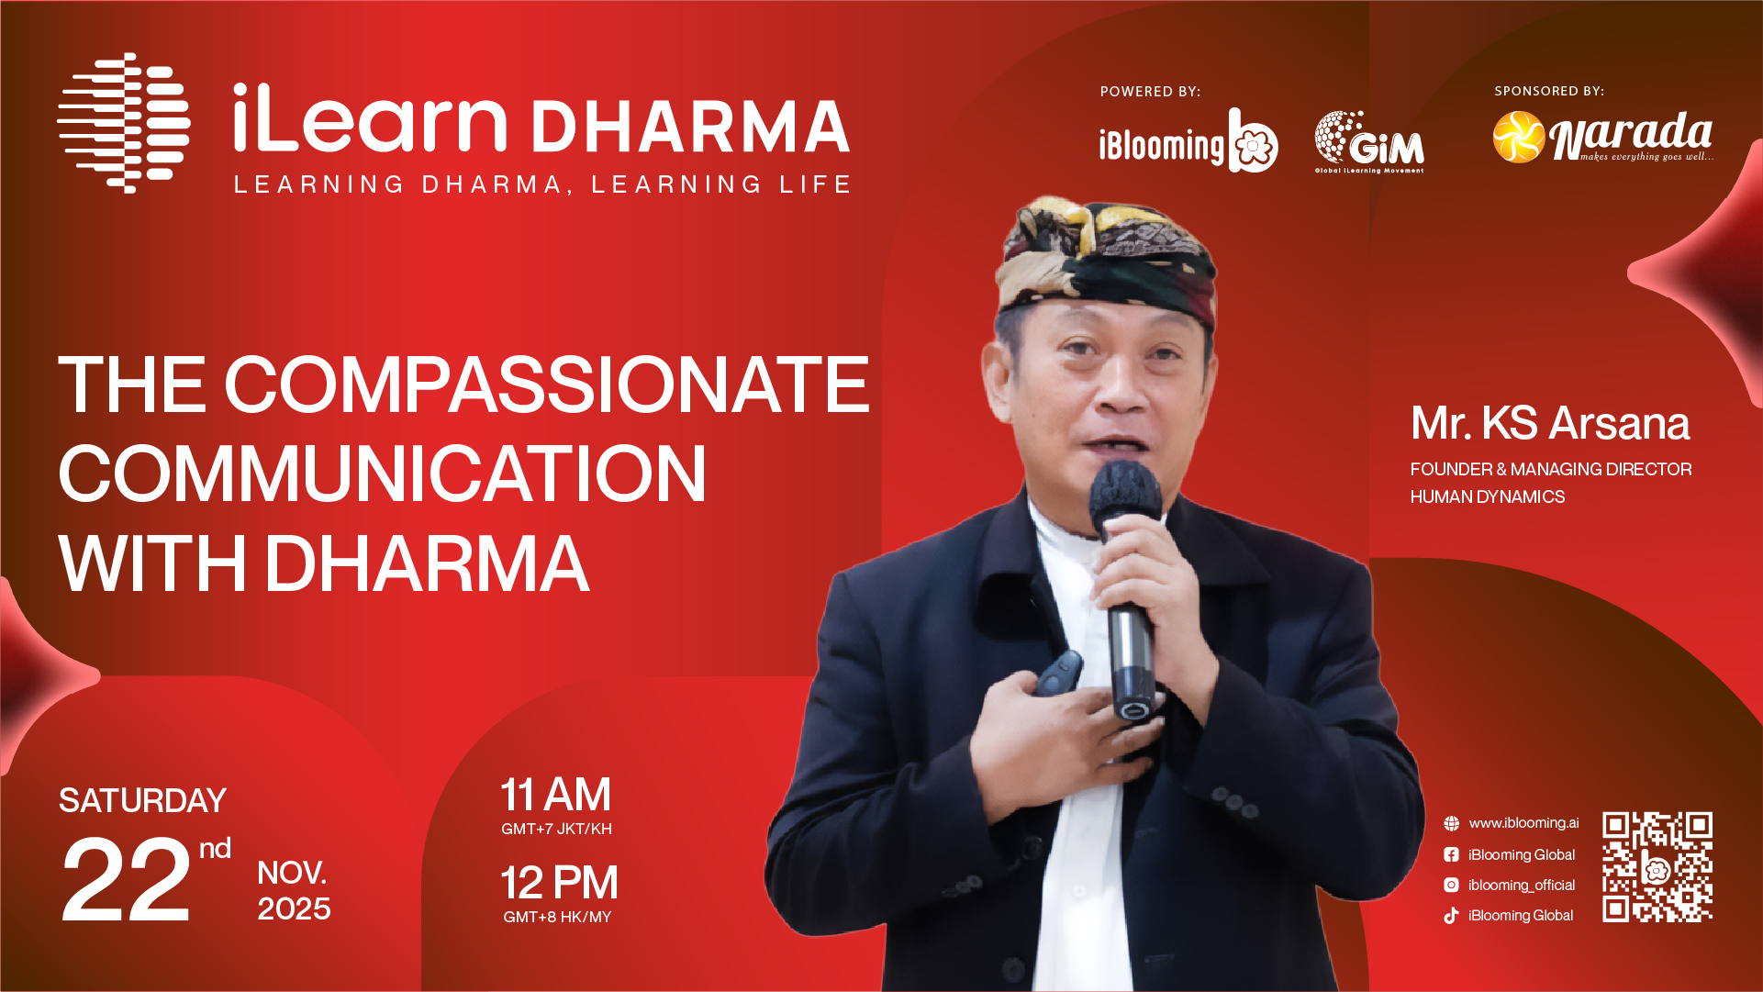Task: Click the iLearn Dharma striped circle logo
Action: click(124, 123)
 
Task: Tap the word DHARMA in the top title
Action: click(690, 127)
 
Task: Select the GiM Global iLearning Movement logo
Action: click(1369, 142)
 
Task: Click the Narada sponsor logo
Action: click(1602, 137)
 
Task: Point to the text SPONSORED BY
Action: click(1549, 91)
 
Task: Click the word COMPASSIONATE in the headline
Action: click(546, 385)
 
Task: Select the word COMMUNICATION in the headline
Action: click(383, 474)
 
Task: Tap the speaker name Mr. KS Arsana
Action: click(1550, 423)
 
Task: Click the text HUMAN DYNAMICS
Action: click(1488, 496)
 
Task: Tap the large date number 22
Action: click(126, 881)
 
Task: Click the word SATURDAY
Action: click(142, 800)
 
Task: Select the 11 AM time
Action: click(555, 795)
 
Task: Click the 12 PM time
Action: click(559, 883)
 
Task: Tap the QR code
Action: click(1657, 866)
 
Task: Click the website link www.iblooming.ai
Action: click(1523, 823)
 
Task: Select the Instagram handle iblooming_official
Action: click(1522, 885)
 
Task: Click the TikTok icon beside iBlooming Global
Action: click(1451, 915)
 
